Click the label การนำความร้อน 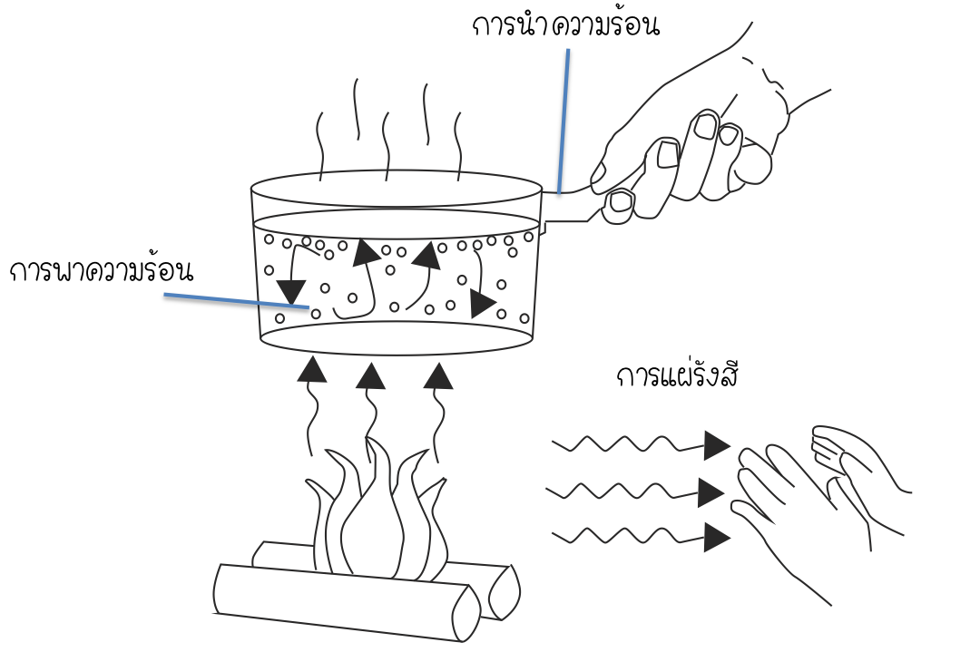pyautogui.click(x=564, y=25)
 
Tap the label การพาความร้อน pyautogui.click(x=103, y=270)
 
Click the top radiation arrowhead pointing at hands pyautogui.click(x=717, y=444)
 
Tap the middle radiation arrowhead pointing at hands pyautogui.click(x=711, y=493)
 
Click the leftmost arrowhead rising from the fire pyautogui.click(x=313, y=368)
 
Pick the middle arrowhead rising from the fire pyautogui.click(x=370, y=373)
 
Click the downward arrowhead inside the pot pyautogui.click(x=291, y=293)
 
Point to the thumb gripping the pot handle pyautogui.click(x=622, y=200)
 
